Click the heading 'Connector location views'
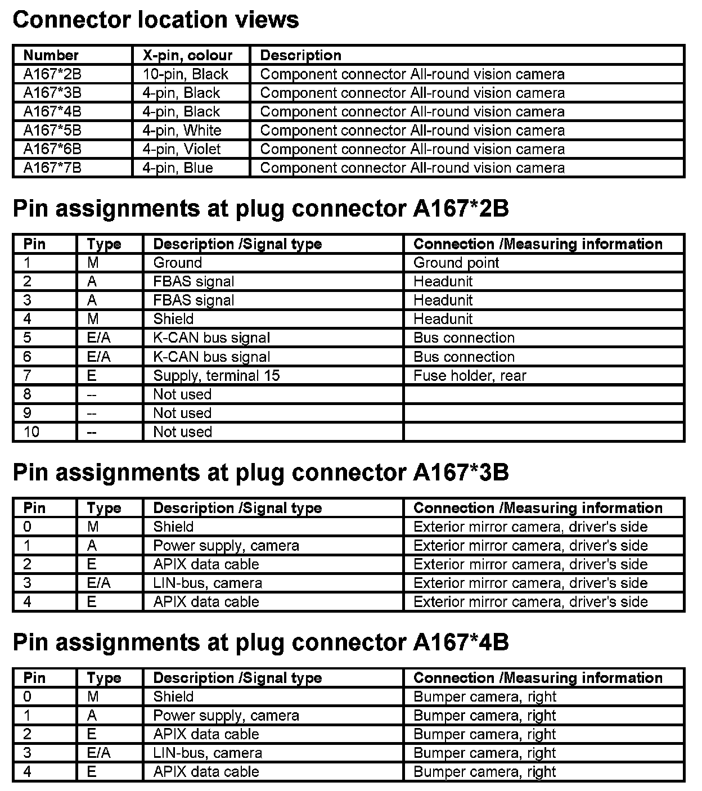point(155,20)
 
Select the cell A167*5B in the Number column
point(52,131)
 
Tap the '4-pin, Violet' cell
point(182,149)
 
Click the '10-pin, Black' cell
point(185,74)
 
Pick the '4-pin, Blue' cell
point(178,168)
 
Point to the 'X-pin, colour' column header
point(187,55)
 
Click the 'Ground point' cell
point(456,263)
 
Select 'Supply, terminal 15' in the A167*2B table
point(216,375)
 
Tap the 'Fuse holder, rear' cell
point(470,375)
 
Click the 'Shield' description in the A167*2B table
point(173,319)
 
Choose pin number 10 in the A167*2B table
point(31,432)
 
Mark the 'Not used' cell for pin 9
point(182,413)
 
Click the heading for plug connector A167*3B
point(260,473)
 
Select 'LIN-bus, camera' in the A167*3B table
point(208,583)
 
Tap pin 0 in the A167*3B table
point(28,527)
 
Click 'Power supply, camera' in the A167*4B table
point(226,716)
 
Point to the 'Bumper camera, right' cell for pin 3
point(484,753)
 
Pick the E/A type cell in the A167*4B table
point(98,753)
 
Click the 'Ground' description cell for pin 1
point(177,263)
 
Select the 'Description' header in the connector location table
point(300,55)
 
